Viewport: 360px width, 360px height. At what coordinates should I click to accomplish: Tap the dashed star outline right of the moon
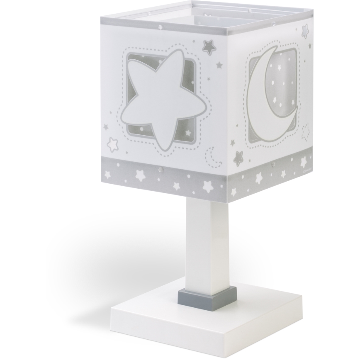tap(306, 131)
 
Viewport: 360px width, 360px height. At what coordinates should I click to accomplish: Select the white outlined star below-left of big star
tap(112, 145)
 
